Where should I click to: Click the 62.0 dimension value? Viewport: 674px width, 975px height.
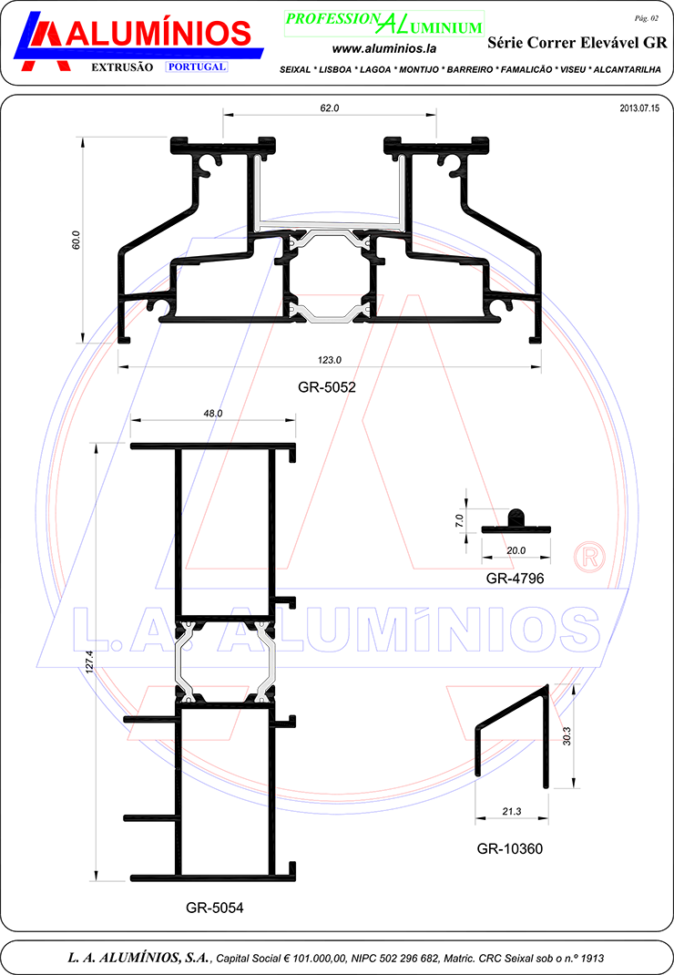[x=330, y=108]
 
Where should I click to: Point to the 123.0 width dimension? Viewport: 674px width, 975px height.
[x=330, y=360]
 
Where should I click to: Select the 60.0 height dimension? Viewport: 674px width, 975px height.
[x=76, y=240]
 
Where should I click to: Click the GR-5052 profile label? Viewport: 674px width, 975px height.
[x=327, y=387]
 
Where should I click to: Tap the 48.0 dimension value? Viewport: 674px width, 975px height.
[x=212, y=413]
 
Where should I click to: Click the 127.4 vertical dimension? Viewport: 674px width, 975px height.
[x=89, y=662]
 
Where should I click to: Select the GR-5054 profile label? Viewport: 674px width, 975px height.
[x=215, y=908]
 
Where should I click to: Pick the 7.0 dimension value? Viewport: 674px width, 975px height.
[x=459, y=520]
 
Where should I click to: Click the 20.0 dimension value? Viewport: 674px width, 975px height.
[x=516, y=550]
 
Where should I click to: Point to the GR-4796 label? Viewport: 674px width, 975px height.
[x=515, y=579]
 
